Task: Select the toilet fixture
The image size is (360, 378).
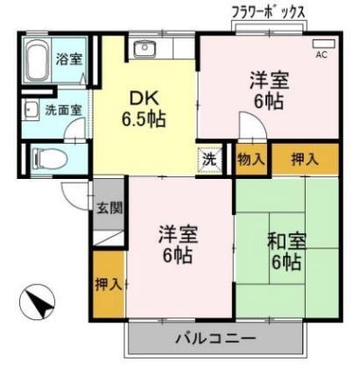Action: pos(46,158)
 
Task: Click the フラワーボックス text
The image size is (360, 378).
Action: pos(268,11)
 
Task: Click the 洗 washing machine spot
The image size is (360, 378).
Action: pos(209,160)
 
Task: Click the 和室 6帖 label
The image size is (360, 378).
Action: pos(285,249)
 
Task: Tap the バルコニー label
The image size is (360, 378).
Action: pos(215,338)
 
